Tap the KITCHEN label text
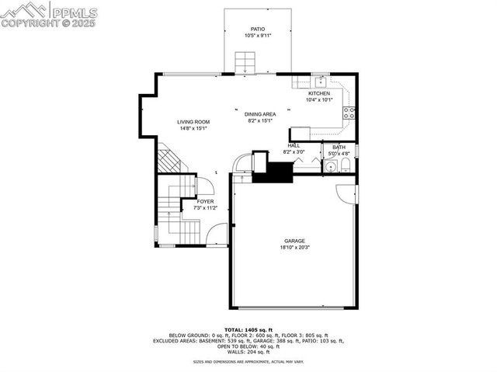pos(319,93)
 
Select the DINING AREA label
pos(261,114)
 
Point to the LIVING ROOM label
pos(193,122)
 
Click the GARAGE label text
pos(294,242)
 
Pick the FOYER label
pos(205,201)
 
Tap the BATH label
pos(339,148)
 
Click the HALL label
pos(294,145)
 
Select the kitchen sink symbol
pos(319,81)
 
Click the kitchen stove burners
pos(351,114)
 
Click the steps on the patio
pos(246,61)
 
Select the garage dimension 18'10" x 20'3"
pos(294,248)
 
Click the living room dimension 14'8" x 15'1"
pos(193,128)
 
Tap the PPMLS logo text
pos(73,12)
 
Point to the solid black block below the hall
pos(272,172)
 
